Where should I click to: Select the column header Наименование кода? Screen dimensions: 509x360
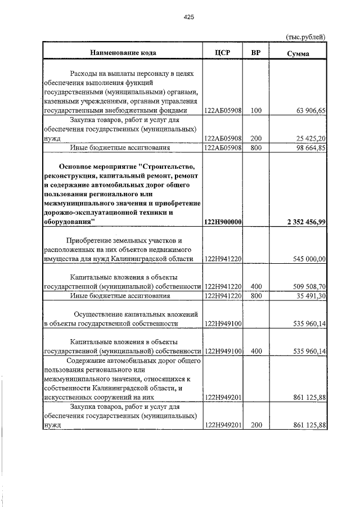123,52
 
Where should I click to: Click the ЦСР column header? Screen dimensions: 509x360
223,52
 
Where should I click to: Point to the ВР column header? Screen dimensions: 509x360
256,52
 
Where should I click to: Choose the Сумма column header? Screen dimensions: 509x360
298,53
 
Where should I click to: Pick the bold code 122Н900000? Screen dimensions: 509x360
223,222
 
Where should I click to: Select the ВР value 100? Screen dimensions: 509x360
256,111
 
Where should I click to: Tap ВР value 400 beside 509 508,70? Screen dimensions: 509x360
256,286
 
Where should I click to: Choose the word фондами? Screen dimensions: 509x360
183,111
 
